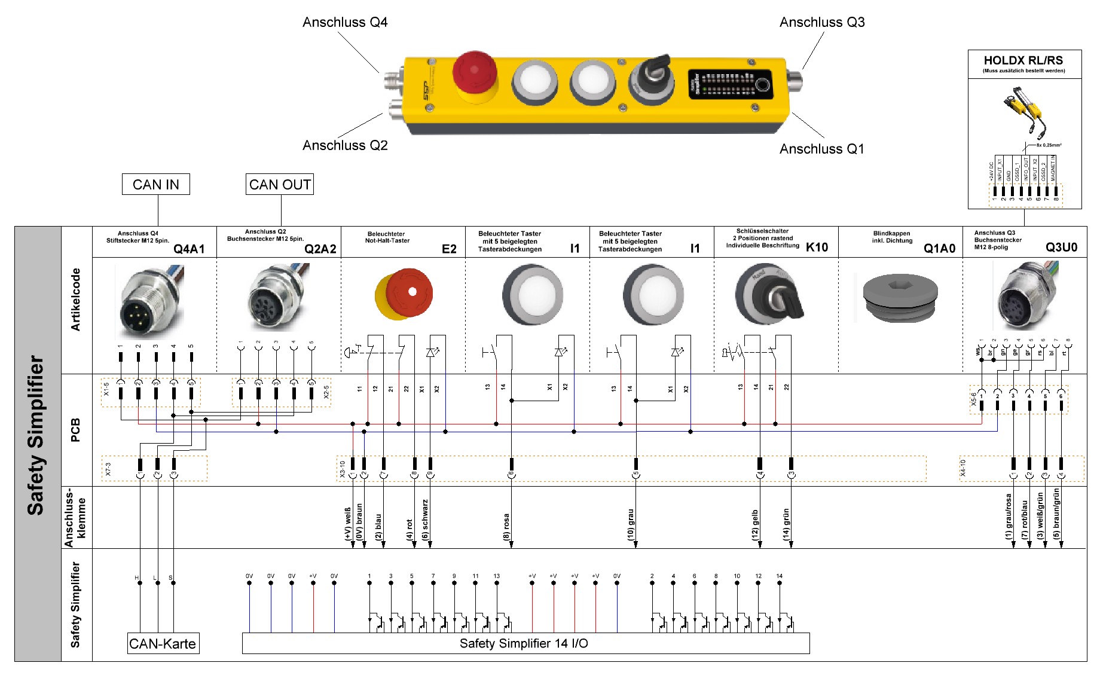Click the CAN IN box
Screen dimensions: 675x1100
coord(155,184)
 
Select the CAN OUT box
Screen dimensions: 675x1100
coord(280,184)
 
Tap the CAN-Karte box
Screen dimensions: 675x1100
coord(163,644)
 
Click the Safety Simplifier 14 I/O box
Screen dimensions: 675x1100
coord(525,643)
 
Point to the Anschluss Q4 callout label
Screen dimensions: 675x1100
coord(345,22)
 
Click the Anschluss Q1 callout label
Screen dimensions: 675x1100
coord(821,149)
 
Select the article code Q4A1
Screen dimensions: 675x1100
coord(189,249)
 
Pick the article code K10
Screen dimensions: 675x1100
coord(817,248)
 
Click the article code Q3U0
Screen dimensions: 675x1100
coord(1061,248)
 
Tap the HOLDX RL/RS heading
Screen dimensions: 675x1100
coord(1023,60)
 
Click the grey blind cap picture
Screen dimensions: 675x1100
coord(900,298)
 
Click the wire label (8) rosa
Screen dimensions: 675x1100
coord(506,527)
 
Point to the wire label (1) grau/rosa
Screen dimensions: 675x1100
coord(1009,517)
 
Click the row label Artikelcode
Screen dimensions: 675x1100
coord(76,300)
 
